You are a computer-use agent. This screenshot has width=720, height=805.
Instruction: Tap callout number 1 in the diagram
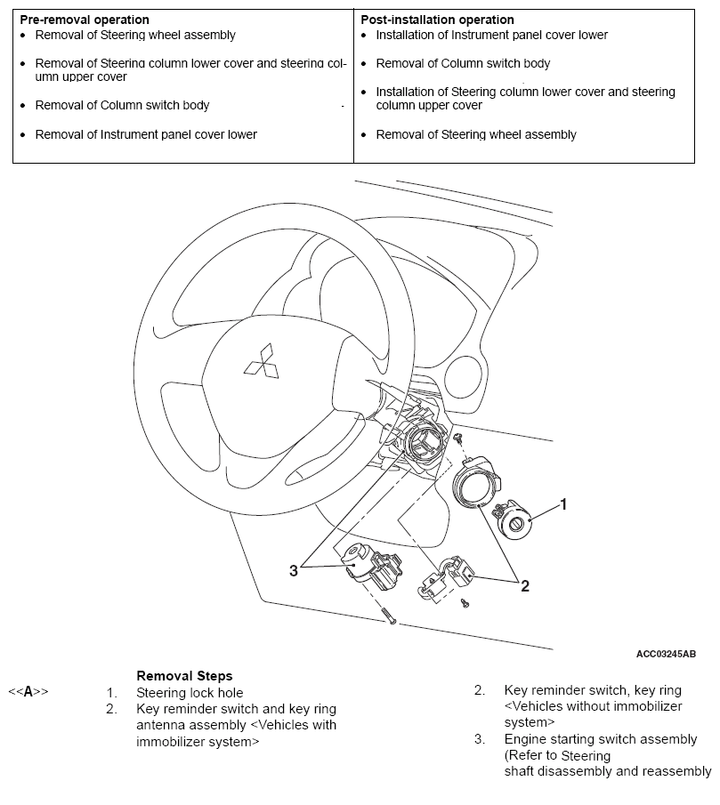point(563,503)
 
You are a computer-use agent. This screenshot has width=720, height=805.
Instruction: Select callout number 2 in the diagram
point(525,585)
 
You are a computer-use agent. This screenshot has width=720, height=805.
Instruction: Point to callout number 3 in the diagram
point(293,570)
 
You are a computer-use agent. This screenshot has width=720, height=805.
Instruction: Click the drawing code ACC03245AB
point(666,654)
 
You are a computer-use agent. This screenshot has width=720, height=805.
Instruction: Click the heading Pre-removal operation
point(84,20)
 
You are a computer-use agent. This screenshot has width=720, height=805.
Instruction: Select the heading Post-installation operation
point(437,20)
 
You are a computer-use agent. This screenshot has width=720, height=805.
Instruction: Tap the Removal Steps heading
point(184,676)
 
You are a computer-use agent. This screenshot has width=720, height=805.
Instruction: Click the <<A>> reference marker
point(28,691)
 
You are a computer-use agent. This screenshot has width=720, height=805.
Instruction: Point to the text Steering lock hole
point(190,692)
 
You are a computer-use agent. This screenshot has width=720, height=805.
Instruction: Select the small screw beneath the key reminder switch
point(465,603)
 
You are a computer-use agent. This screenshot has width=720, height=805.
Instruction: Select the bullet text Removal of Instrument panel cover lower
point(146,134)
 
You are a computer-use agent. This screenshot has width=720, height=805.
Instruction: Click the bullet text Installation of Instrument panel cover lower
point(491,35)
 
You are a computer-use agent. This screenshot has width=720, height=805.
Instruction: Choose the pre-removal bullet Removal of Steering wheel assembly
point(135,35)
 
